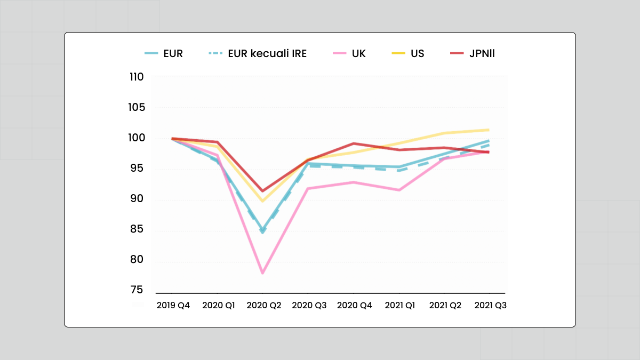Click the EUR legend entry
coord(164,54)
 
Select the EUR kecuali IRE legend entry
coord(256,54)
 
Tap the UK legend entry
coord(349,54)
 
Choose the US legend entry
coord(408,54)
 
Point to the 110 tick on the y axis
coord(137,77)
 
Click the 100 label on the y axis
coord(137,138)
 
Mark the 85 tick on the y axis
coord(137,230)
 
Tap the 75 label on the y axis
coord(137,290)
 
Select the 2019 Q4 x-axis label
coord(173,306)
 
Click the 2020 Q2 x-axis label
coord(263,306)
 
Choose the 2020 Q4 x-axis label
coord(355,306)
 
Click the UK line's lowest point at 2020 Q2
coord(263,273)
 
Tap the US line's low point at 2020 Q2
coord(263,201)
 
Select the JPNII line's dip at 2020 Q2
coord(262,191)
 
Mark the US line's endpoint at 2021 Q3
coord(489,130)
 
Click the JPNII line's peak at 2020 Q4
coord(353,143)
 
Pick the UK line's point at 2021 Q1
coord(399,190)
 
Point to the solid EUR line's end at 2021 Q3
coord(489,141)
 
